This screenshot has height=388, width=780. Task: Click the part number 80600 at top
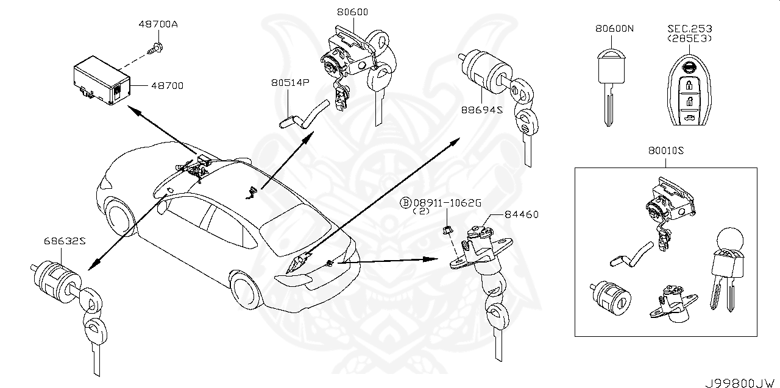click(x=352, y=12)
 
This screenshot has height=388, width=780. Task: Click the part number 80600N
click(x=615, y=29)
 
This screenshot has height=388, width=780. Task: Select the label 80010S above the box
click(x=665, y=153)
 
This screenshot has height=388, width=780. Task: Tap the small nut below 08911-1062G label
click(x=447, y=230)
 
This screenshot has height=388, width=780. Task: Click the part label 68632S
click(x=63, y=241)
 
